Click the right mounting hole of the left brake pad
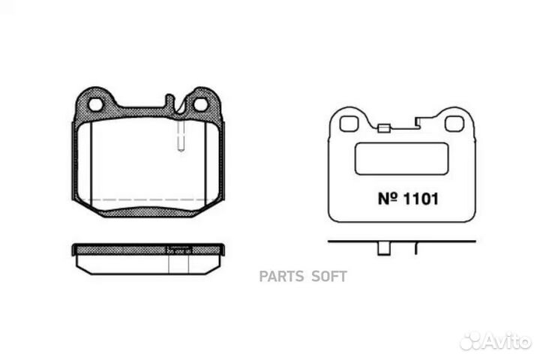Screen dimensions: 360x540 point(201,104)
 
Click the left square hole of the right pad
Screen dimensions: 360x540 point(348,123)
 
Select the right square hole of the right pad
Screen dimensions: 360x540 point(454,123)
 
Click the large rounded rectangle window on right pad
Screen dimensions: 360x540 point(401,159)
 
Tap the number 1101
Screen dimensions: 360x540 point(417,200)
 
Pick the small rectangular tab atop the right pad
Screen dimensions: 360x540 point(384,127)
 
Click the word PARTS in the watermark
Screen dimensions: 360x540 point(282,277)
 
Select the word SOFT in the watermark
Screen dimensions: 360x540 point(329,277)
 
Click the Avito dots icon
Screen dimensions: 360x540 point(473,341)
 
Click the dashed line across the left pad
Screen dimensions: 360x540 point(150,199)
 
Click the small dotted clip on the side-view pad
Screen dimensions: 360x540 point(179,250)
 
